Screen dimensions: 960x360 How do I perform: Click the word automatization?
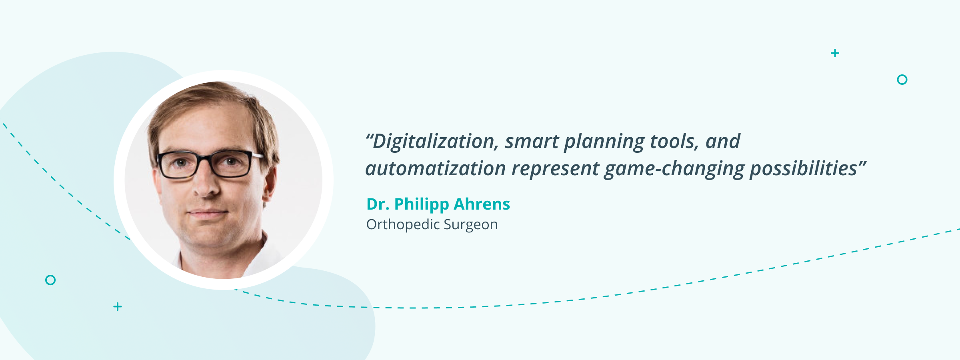(436, 168)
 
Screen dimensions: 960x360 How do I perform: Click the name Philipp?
(422, 204)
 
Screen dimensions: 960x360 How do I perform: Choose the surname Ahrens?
(482, 204)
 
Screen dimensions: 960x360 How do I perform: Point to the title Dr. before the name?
(378, 204)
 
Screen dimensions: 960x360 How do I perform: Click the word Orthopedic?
(403, 225)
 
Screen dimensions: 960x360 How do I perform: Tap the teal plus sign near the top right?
(835, 53)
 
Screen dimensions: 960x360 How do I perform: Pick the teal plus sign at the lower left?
(118, 307)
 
